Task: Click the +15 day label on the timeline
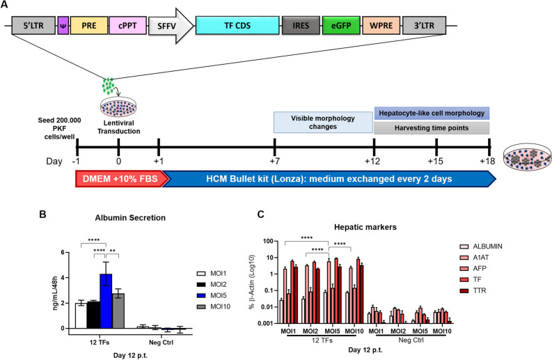pos(436,161)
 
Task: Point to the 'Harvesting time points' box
pos(432,128)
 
